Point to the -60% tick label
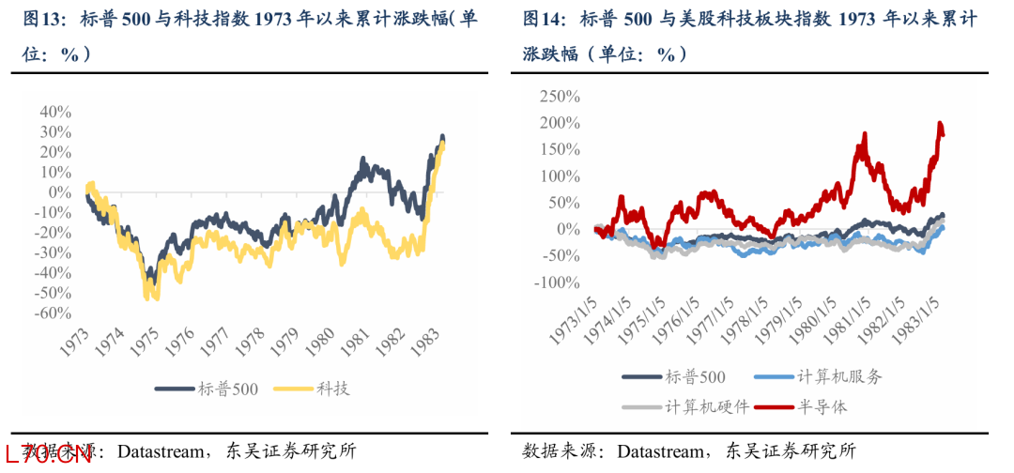[53, 313]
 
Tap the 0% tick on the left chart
[60, 191]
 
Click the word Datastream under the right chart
[661, 451]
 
